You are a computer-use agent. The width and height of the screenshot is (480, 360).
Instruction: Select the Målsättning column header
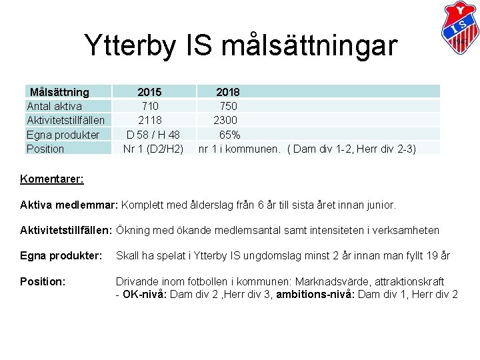(x=59, y=91)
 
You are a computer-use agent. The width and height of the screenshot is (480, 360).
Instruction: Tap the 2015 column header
(x=149, y=91)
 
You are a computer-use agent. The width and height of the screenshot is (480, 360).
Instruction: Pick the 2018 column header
(x=228, y=91)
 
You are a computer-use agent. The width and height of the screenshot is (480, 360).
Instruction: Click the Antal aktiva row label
(x=54, y=106)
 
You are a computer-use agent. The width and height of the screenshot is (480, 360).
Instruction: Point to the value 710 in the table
(x=150, y=106)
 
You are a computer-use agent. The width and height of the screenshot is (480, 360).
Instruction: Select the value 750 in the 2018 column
(x=228, y=106)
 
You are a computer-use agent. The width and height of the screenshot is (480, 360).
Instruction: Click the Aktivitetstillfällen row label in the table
(x=65, y=120)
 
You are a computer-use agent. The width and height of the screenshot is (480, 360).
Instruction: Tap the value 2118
(x=150, y=120)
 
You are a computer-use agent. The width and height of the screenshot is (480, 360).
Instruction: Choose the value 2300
(x=226, y=120)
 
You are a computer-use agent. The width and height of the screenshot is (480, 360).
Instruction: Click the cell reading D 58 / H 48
(x=153, y=135)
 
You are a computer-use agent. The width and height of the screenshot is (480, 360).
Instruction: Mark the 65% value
(x=230, y=135)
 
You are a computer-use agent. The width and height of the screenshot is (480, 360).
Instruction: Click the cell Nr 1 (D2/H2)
(x=153, y=149)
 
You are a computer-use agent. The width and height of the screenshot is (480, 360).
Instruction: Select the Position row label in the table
(x=45, y=149)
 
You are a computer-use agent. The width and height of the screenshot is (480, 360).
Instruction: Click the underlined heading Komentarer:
(x=51, y=179)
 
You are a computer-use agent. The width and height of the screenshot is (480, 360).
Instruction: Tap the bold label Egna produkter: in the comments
(x=61, y=255)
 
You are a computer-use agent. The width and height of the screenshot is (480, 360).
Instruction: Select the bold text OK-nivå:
(x=145, y=295)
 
